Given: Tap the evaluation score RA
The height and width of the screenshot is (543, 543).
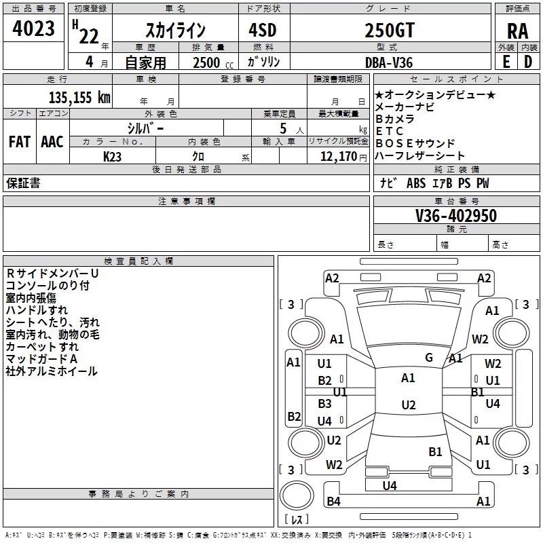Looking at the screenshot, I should click(517, 31).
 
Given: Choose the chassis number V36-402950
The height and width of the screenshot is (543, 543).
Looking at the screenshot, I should click(455, 216).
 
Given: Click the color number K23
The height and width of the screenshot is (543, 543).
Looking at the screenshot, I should click(113, 157).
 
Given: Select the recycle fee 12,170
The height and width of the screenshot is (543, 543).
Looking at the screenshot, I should click(339, 157).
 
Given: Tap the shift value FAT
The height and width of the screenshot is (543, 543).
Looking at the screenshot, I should click(19, 142).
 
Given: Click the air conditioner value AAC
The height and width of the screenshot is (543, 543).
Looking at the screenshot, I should click(52, 142).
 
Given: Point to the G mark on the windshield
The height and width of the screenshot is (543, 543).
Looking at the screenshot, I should click(429, 357).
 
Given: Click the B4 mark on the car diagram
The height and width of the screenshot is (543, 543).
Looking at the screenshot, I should click(333, 502).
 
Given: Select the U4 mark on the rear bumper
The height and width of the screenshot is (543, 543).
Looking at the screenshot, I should click(389, 485).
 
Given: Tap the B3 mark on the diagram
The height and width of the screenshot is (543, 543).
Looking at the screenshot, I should click(325, 403).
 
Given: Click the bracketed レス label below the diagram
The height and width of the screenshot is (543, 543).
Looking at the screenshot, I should click(296, 520).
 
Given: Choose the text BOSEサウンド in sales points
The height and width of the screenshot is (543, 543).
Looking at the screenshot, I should click(415, 143).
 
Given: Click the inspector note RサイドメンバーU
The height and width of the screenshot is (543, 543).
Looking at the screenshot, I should click(52, 274).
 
